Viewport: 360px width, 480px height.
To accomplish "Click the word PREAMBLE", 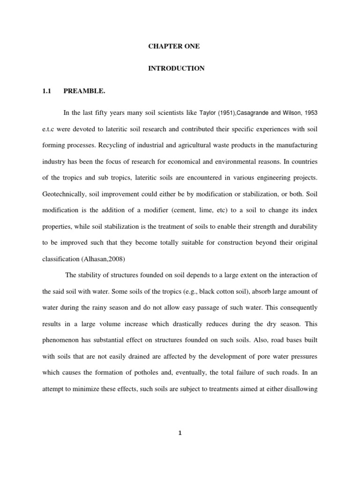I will click(85, 91).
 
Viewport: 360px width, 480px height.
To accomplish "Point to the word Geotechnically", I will click(65, 194).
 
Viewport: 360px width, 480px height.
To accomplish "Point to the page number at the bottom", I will click(180, 433).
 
